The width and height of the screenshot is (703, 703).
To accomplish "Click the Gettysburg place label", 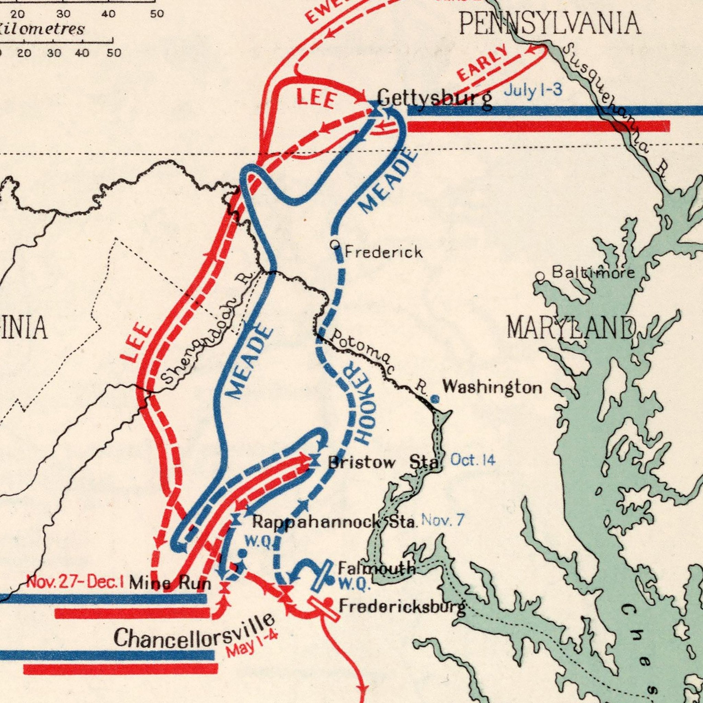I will click(x=435, y=98).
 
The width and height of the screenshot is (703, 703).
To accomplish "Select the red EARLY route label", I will click(x=482, y=62).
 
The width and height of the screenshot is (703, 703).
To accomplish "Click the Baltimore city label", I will click(x=593, y=273).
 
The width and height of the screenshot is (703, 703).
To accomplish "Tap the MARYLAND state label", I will click(x=571, y=327).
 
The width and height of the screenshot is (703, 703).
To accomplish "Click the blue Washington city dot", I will click(x=436, y=400).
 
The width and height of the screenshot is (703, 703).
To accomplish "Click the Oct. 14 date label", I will click(x=473, y=460).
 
